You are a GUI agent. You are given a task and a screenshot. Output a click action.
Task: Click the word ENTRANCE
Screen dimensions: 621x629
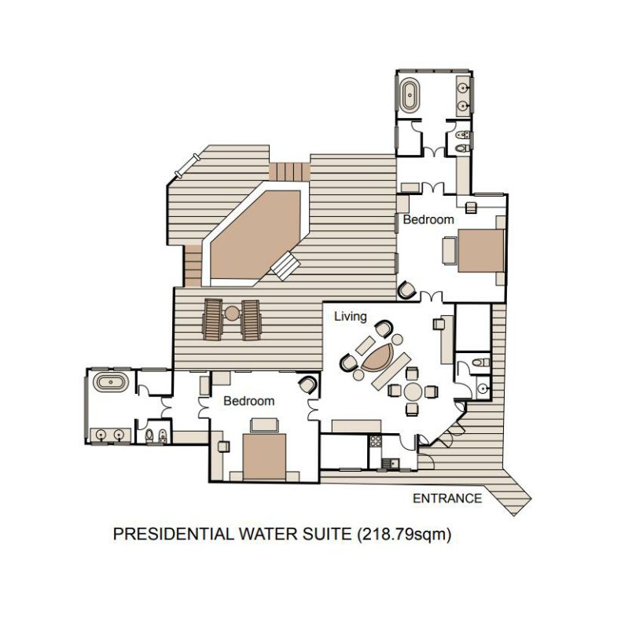pyautogui.click(x=447, y=498)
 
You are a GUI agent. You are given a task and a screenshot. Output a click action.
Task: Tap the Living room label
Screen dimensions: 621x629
pyautogui.click(x=351, y=317)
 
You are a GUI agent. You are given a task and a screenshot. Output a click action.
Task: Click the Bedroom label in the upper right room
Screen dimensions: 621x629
pyautogui.click(x=428, y=219)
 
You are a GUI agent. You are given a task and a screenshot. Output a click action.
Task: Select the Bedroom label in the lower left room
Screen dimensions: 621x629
pyautogui.click(x=248, y=401)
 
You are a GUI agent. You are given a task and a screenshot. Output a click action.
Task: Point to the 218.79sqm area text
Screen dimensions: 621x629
pyautogui.click(x=404, y=535)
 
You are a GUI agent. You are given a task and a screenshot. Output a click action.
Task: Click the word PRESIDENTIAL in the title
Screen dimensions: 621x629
pyautogui.click(x=173, y=535)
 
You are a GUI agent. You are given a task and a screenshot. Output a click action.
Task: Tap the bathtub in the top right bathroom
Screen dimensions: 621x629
pyautogui.click(x=410, y=95)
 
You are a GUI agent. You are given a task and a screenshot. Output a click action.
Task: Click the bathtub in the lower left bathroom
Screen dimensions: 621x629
pyautogui.click(x=111, y=382)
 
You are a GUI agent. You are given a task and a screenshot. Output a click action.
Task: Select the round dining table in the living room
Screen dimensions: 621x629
pyautogui.click(x=413, y=391)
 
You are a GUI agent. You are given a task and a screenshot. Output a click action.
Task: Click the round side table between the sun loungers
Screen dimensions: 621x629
pyautogui.click(x=232, y=313)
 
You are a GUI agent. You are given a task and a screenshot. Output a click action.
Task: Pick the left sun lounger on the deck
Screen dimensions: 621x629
pyautogui.click(x=212, y=319)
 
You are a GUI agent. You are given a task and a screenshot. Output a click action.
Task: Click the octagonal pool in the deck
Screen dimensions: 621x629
pyautogui.click(x=255, y=234)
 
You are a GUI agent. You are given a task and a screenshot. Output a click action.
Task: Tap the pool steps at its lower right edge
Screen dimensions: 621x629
pyautogui.click(x=285, y=266)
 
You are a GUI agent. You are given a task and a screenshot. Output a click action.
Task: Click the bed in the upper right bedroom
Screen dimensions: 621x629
pyautogui.click(x=481, y=251)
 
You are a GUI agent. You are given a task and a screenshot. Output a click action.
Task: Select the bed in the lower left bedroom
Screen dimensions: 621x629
pyautogui.click(x=264, y=457)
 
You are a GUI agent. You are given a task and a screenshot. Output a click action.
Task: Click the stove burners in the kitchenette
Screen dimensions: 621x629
pyautogui.click(x=376, y=441)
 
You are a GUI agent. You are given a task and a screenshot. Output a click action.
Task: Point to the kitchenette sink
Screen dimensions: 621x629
pyautogui.click(x=391, y=463)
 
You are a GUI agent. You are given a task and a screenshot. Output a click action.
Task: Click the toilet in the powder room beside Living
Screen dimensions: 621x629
pyautogui.click(x=481, y=362)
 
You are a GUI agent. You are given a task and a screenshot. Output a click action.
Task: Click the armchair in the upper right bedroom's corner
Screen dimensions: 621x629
pyautogui.click(x=406, y=289)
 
